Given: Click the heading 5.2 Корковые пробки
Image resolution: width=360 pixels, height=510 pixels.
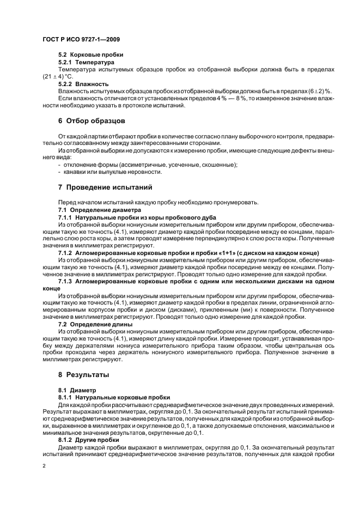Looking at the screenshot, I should click(x=90, y=55).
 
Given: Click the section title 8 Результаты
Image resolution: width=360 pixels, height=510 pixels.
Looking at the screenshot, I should click(x=84, y=375).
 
